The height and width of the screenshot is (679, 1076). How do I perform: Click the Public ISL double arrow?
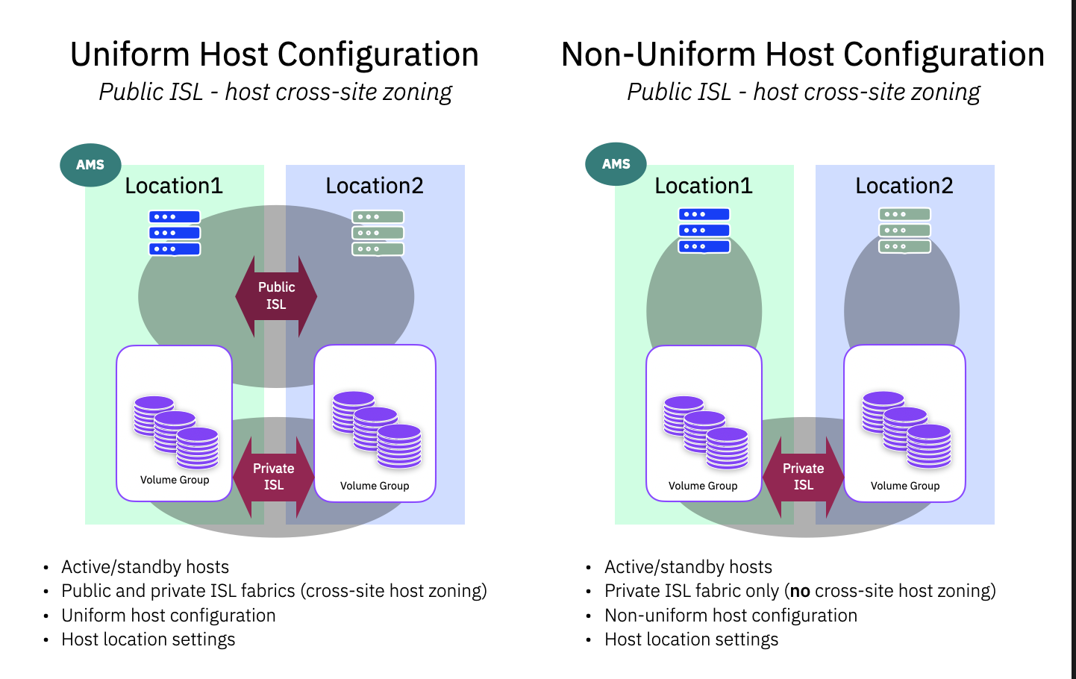coord(276,296)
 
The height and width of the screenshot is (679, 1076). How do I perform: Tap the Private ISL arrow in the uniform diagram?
coord(274,477)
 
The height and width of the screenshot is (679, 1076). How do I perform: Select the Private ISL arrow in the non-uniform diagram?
coord(804,477)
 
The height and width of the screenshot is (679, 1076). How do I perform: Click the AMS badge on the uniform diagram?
coord(90,165)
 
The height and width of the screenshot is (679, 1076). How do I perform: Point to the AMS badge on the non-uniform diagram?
coord(616,164)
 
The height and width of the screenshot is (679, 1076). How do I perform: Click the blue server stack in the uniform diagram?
coord(175,233)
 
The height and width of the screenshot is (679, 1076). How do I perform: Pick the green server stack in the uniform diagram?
coord(378,233)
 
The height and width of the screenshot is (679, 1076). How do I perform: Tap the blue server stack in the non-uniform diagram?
coord(704,231)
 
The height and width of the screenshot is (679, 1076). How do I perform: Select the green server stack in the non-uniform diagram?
coord(904,231)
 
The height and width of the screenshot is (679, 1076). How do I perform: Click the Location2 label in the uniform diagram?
coord(375,186)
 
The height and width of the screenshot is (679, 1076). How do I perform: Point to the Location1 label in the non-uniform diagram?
coord(704,186)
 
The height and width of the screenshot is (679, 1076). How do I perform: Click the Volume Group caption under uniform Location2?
coord(375,486)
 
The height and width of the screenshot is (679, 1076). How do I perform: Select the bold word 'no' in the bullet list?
coord(800,591)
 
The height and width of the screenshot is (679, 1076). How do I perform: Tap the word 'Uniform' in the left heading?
coord(130,54)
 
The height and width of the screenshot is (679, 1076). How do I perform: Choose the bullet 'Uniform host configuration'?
coord(169,616)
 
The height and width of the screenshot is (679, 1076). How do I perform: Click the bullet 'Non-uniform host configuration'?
coord(731,616)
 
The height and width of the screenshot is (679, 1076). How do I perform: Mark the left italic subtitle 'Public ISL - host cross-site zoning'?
coord(275,92)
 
